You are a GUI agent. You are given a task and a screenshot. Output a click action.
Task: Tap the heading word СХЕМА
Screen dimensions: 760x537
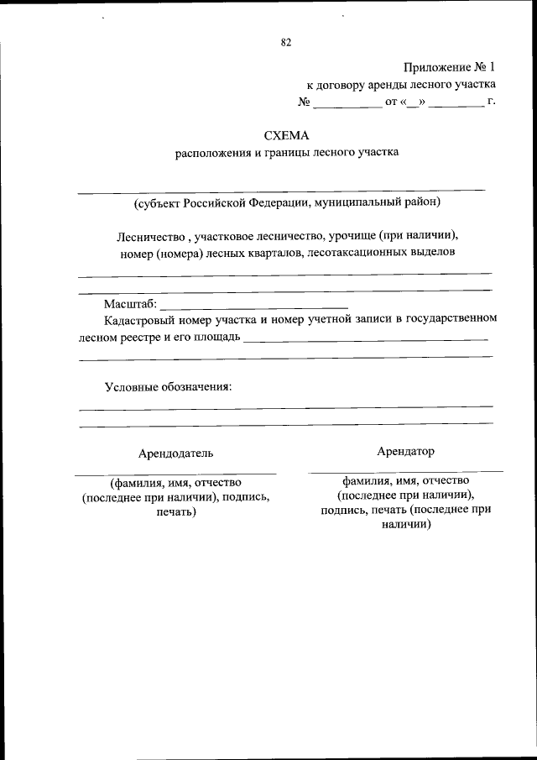(286, 135)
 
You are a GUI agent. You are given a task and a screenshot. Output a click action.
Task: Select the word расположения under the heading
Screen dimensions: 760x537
(212, 153)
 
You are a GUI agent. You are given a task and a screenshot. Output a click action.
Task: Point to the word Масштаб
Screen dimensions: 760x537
(128, 303)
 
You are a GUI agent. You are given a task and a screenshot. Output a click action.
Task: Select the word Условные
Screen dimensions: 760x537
(132, 387)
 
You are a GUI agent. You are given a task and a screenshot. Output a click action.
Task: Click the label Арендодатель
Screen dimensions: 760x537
(176, 453)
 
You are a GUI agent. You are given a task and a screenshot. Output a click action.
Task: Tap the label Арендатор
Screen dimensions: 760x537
(405, 451)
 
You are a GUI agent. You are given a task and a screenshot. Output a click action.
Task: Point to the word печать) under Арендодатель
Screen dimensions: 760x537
(176, 511)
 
